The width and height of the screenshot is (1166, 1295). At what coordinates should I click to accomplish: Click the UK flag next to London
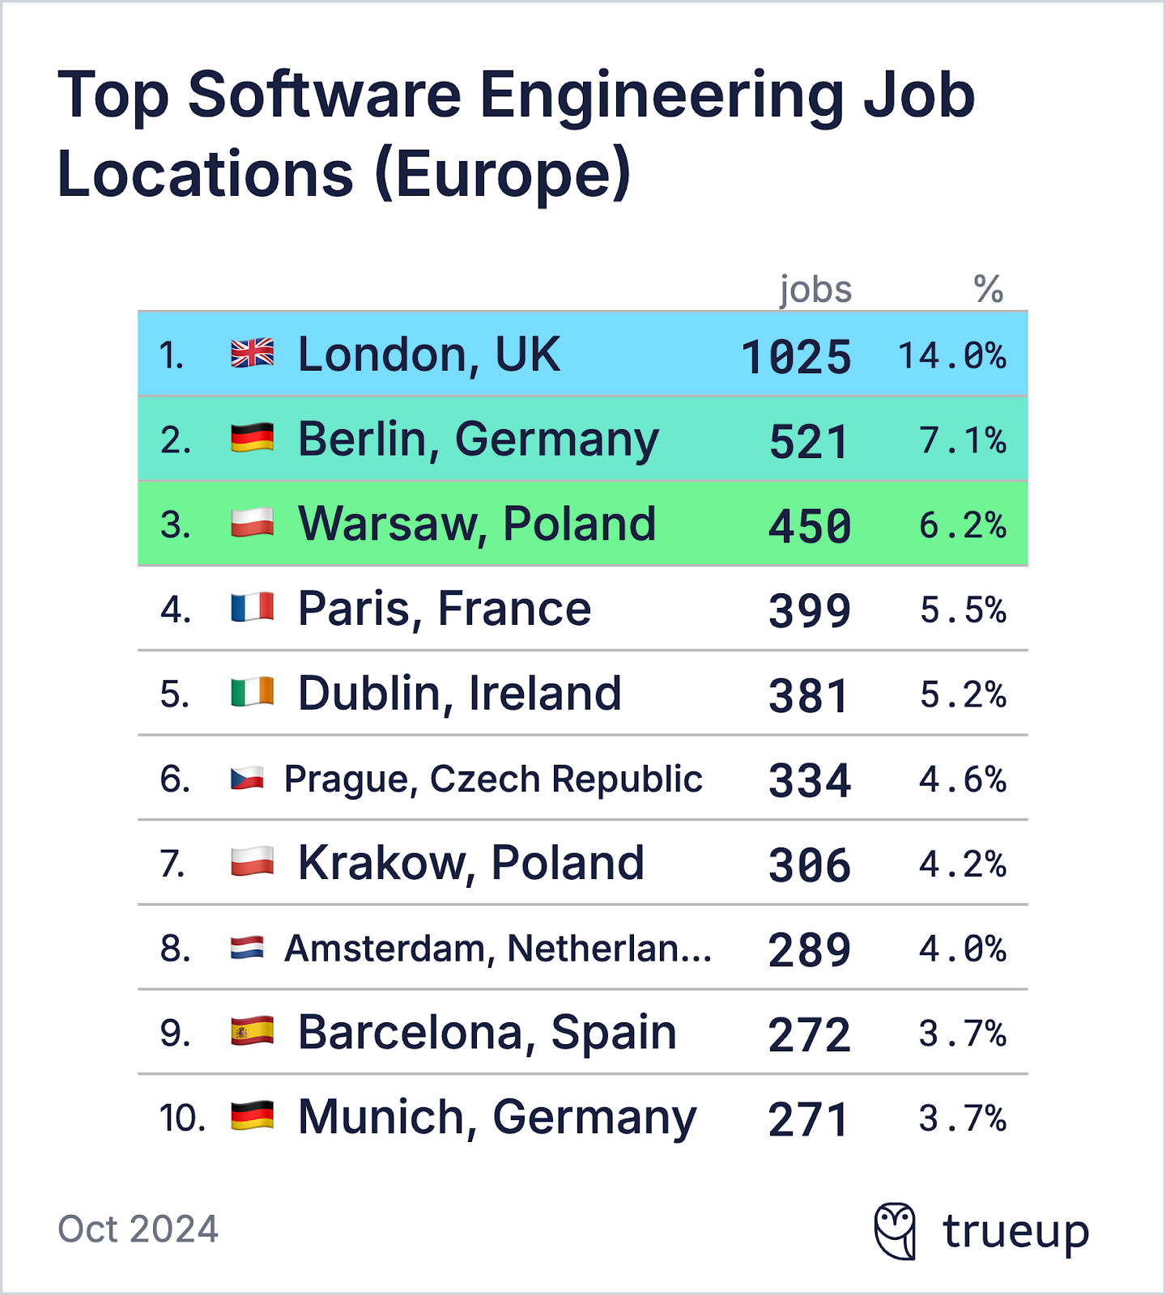click(252, 354)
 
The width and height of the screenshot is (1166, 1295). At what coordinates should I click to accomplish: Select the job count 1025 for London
click(797, 357)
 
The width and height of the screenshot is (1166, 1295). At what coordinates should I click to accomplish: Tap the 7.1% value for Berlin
click(962, 441)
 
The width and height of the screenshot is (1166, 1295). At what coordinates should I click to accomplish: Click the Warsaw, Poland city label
click(477, 524)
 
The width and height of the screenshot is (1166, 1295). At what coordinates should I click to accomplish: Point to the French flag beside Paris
click(252, 608)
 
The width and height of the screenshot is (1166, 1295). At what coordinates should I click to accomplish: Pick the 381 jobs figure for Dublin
click(808, 696)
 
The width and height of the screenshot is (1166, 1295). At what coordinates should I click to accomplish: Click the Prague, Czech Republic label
click(493, 779)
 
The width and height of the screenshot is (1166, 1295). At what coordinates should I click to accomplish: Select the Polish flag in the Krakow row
click(252, 862)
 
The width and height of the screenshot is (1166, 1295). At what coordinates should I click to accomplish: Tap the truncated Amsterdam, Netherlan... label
click(498, 949)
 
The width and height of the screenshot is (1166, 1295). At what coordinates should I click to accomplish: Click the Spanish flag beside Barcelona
click(252, 1032)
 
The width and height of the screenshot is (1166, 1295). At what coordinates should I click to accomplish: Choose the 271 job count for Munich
click(808, 1119)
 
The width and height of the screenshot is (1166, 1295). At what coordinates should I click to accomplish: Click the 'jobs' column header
click(815, 290)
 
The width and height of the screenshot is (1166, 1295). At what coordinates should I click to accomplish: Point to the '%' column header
click(988, 289)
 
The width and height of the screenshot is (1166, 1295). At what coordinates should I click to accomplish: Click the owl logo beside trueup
click(896, 1230)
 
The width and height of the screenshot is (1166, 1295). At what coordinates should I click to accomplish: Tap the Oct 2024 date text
click(138, 1229)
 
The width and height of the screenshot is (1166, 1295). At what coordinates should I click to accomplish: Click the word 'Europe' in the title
click(502, 174)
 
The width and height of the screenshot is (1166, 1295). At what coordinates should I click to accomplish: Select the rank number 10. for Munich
click(182, 1119)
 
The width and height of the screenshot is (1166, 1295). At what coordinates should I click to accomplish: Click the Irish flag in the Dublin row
click(252, 693)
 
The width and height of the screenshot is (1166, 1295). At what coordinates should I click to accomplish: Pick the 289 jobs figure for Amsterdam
click(808, 950)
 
